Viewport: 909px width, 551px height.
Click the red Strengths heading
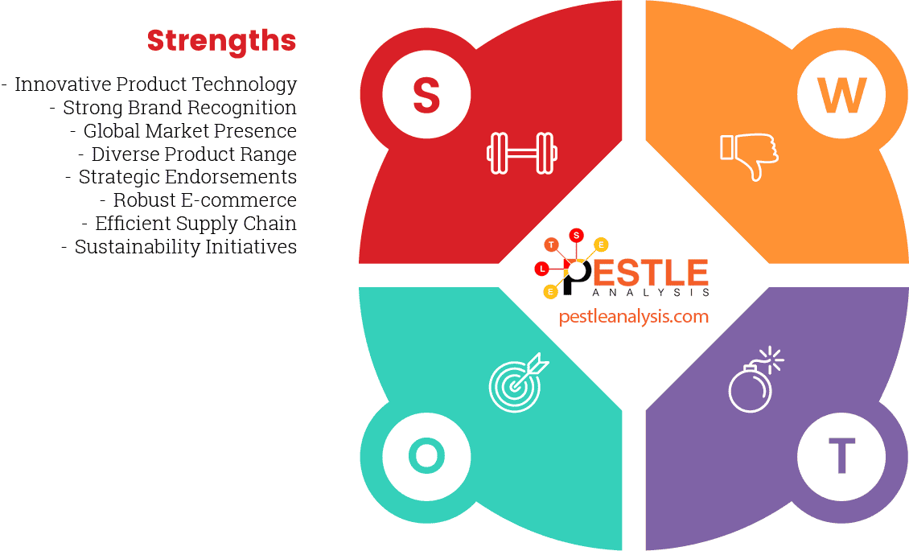click(x=221, y=41)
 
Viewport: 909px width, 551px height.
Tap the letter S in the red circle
click(x=426, y=95)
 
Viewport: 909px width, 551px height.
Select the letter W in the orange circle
click(x=841, y=95)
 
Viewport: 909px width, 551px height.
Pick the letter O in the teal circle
click(x=426, y=457)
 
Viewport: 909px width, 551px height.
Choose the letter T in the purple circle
click(x=841, y=457)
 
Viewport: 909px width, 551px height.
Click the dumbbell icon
click(x=522, y=153)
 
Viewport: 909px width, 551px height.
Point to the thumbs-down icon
click(x=749, y=155)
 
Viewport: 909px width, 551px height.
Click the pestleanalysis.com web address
click(x=634, y=316)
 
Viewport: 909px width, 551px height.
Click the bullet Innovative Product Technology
click(x=155, y=84)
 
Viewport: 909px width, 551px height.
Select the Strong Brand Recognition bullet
click(x=179, y=108)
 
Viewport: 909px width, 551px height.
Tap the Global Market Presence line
click(x=190, y=131)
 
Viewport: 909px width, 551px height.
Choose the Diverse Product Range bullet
click(x=194, y=154)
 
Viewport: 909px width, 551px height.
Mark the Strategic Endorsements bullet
click(x=187, y=177)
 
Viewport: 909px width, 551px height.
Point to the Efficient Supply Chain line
click(x=195, y=224)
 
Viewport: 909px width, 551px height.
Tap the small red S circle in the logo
click(x=576, y=236)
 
